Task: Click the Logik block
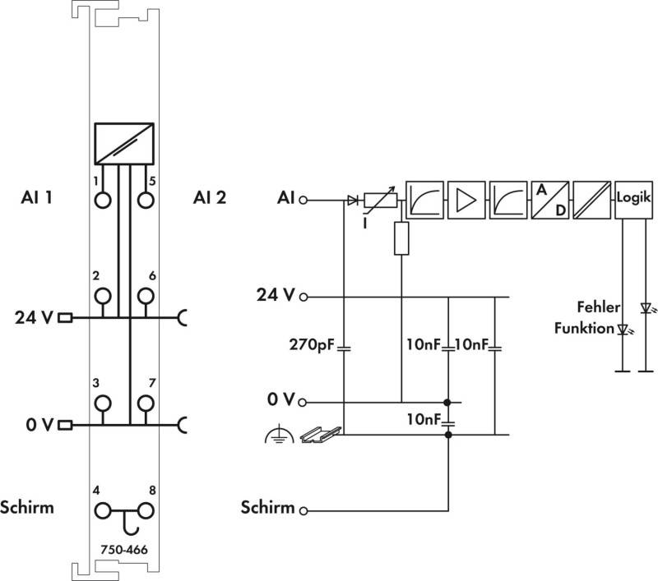pyautogui.click(x=633, y=200)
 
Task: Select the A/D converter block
pyautogui.click(x=550, y=200)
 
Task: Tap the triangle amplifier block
pyautogui.click(x=466, y=200)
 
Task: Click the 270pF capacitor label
pyautogui.click(x=312, y=344)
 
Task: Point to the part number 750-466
pyautogui.click(x=124, y=549)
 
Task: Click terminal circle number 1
pyautogui.click(x=103, y=200)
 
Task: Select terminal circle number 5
pyautogui.click(x=146, y=200)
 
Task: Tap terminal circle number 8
pyautogui.click(x=146, y=511)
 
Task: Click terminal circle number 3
pyautogui.click(x=103, y=403)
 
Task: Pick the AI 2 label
pyautogui.click(x=210, y=197)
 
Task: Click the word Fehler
pyautogui.click(x=599, y=307)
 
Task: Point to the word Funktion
pyautogui.click(x=584, y=328)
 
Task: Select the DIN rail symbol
pyautogui.click(x=321, y=434)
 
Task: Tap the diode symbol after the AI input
pyautogui.click(x=353, y=201)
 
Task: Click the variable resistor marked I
pyautogui.click(x=380, y=201)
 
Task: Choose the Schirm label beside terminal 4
pyautogui.click(x=27, y=507)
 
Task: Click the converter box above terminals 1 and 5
pyautogui.click(x=124, y=143)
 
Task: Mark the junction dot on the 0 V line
pyautogui.click(x=447, y=403)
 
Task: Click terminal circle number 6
pyautogui.click(x=146, y=296)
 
